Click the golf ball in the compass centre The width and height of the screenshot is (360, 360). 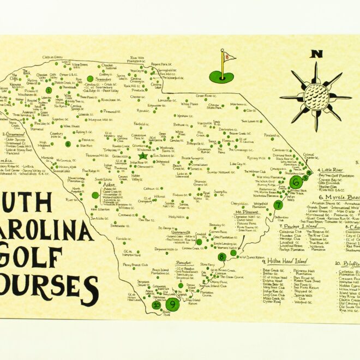[x=315, y=98]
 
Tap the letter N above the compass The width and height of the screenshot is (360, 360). [x=315, y=54]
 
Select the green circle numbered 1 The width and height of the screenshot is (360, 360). [x=49, y=91]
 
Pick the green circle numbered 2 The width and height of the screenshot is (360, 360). [x=68, y=144]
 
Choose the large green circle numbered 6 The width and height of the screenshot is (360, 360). [x=296, y=181]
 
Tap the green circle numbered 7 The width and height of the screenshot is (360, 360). [x=278, y=205]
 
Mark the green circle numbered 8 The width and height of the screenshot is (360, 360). [x=221, y=256]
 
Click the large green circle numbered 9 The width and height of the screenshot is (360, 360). [x=173, y=304]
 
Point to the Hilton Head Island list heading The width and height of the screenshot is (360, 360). [x=287, y=261]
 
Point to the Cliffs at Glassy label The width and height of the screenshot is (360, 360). [x=52, y=57]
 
